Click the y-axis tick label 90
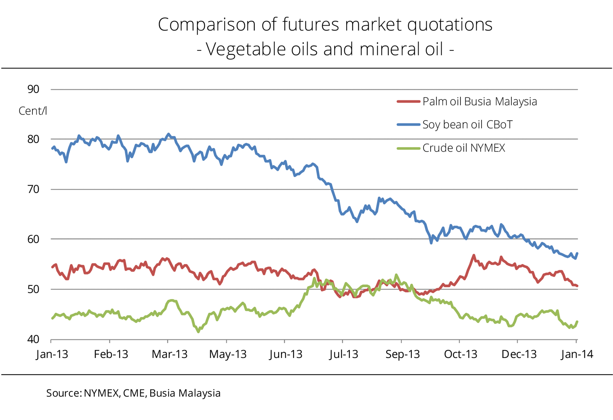33,89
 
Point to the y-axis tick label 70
33,189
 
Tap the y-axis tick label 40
33,339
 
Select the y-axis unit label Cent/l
33,111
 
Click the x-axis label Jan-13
52,354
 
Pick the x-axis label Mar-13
169,354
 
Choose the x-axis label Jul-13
344,354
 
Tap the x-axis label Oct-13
460,354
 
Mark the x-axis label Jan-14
577,354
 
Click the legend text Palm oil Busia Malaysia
480,102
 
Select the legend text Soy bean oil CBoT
467,125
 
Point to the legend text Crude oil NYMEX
464,148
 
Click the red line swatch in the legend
408,102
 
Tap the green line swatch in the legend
408,148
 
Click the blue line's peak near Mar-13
169,134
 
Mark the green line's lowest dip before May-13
198,332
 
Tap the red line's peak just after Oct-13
474,255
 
